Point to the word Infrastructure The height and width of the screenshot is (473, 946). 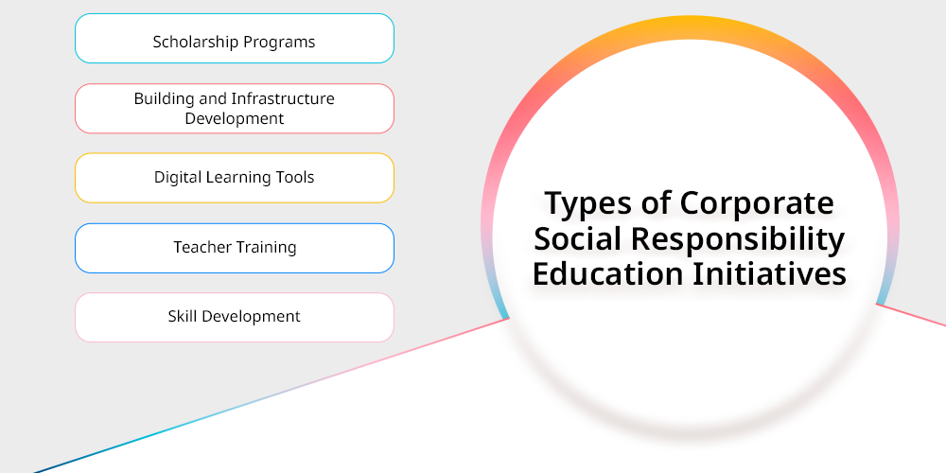283,98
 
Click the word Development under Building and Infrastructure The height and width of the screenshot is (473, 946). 234,119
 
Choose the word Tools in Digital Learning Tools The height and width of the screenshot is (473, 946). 295,178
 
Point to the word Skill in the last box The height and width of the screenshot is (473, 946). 178,316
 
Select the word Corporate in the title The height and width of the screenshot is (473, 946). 757,202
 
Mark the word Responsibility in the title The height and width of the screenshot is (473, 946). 738,239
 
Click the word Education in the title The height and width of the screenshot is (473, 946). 608,273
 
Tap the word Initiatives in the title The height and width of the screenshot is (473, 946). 769,273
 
